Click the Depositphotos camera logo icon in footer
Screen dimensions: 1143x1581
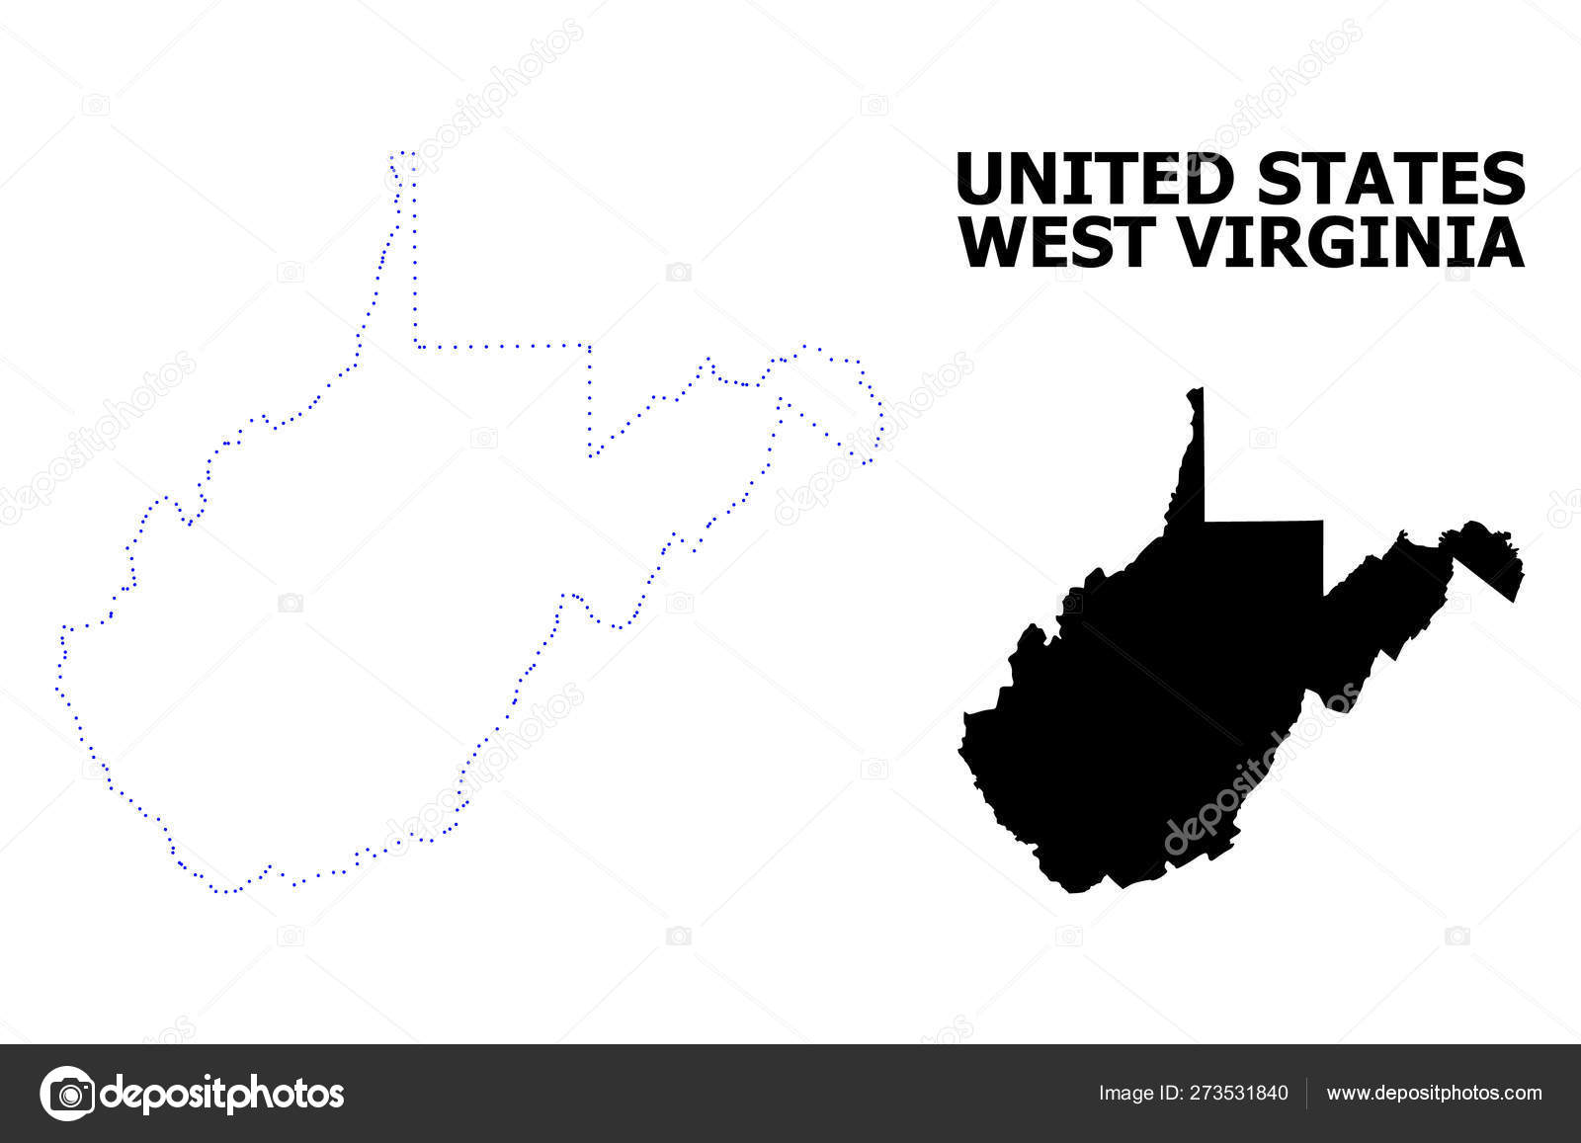67,1094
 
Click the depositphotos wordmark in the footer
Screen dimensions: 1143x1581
223,1094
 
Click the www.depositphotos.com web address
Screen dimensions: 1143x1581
1434,1094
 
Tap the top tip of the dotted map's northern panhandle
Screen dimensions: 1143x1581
403,154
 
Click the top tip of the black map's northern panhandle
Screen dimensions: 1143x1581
1200,389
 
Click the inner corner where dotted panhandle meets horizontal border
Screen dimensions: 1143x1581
417,346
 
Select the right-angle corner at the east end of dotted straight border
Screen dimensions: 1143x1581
589,346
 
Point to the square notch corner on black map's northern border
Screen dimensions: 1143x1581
1322,521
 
